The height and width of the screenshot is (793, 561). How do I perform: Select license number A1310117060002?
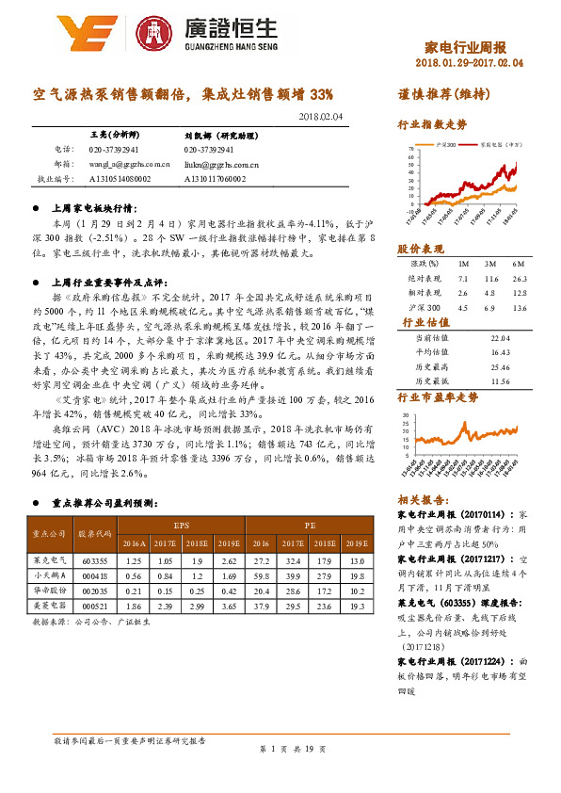click(x=215, y=177)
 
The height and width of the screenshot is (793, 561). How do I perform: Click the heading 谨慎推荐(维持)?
click(x=439, y=95)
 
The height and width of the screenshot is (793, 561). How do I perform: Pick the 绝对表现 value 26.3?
click(x=518, y=280)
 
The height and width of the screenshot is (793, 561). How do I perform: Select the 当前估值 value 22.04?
click(x=500, y=338)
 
